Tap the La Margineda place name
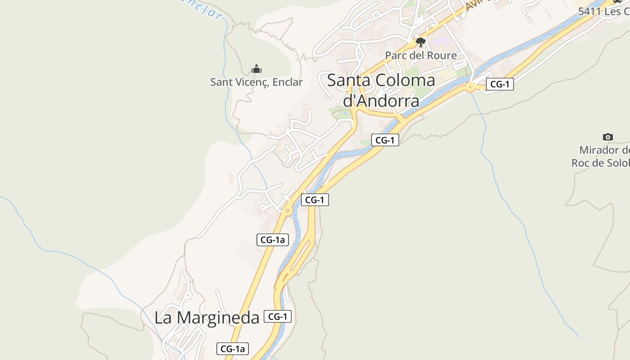pyautogui.click(x=207, y=317)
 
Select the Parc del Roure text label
pyautogui.click(x=420, y=55)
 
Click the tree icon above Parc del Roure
pyautogui.click(x=420, y=43)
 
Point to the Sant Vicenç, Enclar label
pyautogui.click(x=256, y=82)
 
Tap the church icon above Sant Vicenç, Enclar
pyautogui.click(x=256, y=69)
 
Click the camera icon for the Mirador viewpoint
pyautogui.click(x=607, y=137)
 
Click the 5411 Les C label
pyautogui.click(x=603, y=11)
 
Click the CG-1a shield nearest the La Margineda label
pyautogui.click(x=233, y=348)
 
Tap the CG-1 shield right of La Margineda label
pyautogui.click(x=277, y=316)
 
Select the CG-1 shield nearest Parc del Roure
pyautogui.click(x=499, y=84)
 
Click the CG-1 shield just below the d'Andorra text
pyautogui.click(x=385, y=140)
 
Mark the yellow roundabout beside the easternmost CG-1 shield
pyautogui.click(x=471, y=87)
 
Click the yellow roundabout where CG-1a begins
pyautogui.click(x=287, y=210)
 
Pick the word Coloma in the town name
pyautogui.click(x=405, y=80)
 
